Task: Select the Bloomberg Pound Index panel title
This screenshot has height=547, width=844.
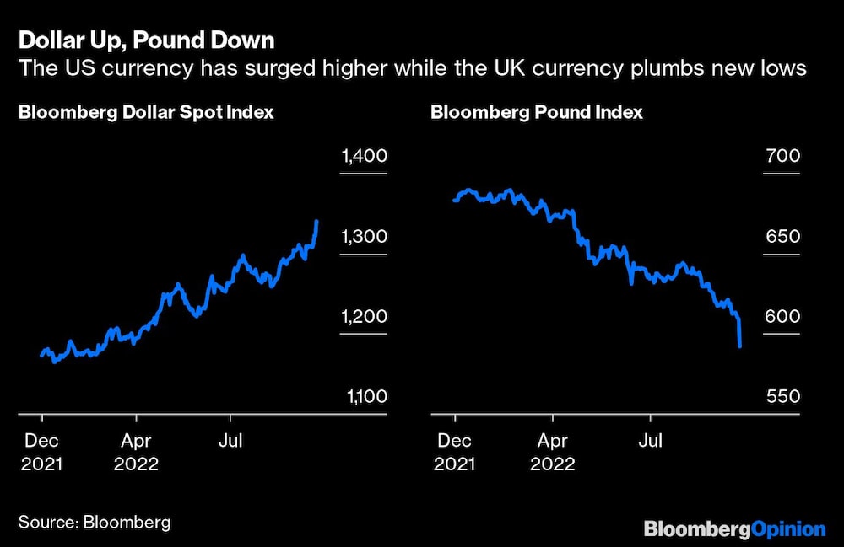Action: [x=536, y=112]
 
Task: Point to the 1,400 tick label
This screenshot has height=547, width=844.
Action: [x=364, y=156]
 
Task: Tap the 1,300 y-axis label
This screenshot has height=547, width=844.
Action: [x=364, y=237]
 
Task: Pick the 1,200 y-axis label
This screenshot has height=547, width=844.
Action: [x=364, y=317]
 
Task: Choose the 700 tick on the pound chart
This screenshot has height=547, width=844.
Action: [x=782, y=156]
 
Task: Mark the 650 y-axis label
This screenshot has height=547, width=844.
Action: [x=782, y=237]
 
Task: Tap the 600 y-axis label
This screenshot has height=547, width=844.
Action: [x=782, y=317]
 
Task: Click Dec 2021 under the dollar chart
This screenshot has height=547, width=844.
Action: [x=41, y=452]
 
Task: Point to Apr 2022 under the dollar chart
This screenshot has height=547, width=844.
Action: [x=136, y=452]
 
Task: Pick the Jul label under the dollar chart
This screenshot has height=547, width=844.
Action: [x=230, y=440]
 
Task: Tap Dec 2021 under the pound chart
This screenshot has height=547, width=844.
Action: [x=454, y=452]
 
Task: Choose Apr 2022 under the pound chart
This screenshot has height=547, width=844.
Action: [x=552, y=452]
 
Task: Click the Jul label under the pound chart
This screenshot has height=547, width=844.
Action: [x=649, y=440]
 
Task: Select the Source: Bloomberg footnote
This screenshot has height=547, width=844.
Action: [x=95, y=522]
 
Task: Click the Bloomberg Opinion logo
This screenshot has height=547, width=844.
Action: [x=733, y=528]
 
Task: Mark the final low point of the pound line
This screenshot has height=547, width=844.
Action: [x=740, y=346]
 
